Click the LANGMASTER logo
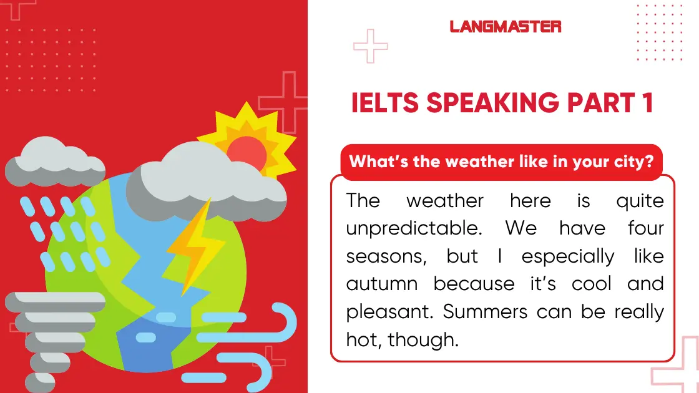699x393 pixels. click(x=505, y=26)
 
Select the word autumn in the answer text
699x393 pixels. click(x=382, y=284)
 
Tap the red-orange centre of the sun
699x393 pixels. click(x=248, y=150)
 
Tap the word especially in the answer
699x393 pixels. click(x=567, y=256)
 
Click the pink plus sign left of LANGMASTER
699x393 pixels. click(x=370, y=46)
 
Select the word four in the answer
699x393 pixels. click(x=645, y=228)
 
